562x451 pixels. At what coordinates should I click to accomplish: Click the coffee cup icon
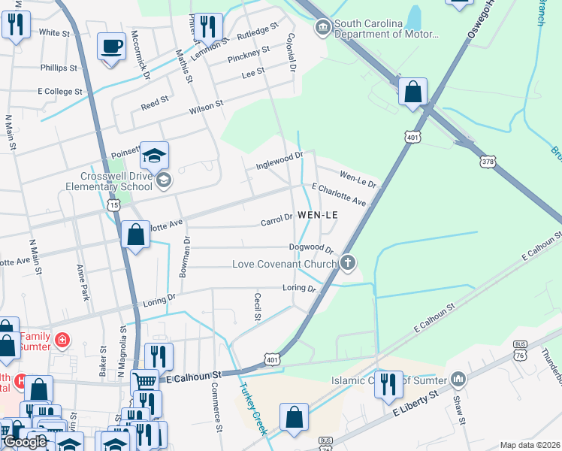[x=112, y=47]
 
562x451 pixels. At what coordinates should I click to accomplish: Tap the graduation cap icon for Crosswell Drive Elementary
[x=154, y=156]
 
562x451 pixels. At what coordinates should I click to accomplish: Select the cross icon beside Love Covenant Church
[x=346, y=263]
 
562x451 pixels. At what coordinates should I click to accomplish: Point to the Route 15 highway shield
[x=113, y=204]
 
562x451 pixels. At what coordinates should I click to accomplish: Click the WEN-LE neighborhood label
[x=318, y=215]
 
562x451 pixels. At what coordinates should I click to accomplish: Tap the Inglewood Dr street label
[x=279, y=159]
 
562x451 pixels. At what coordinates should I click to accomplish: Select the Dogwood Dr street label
[x=310, y=248]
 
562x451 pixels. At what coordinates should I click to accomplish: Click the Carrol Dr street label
[x=276, y=219]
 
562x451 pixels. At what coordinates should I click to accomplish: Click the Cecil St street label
[x=257, y=307]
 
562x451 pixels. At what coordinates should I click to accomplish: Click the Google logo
[x=24, y=442]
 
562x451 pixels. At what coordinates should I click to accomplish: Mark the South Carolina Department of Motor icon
[x=322, y=29]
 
